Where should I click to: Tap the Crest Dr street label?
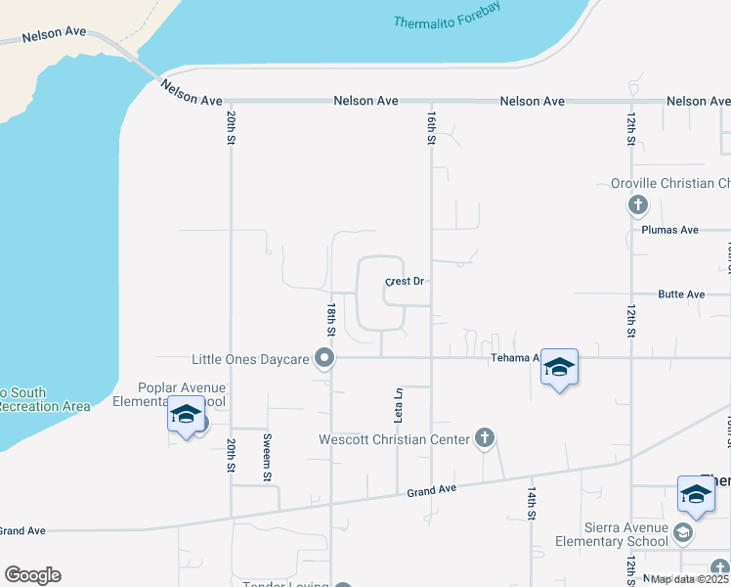(x=405, y=282)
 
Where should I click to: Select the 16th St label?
(x=431, y=128)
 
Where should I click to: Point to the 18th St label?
(x=332, y=320)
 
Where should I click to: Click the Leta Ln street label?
(x=399, y=405)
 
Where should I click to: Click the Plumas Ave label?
(x=670, y=230)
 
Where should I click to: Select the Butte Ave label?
(x=681, y=294)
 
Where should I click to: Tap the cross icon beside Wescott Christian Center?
(x=484, y=438)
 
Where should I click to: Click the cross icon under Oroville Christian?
(x=637, y=204)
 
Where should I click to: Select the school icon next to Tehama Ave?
(x=559, y=367)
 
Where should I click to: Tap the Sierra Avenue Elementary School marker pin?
(x=682, y=532)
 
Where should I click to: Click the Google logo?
(x=32, y=575)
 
